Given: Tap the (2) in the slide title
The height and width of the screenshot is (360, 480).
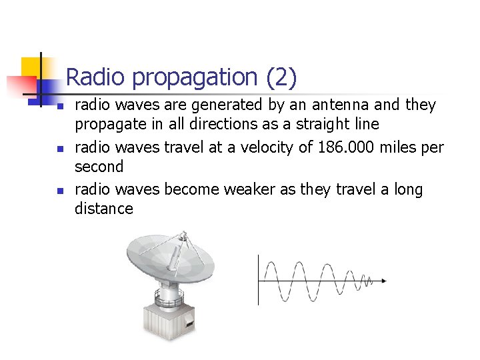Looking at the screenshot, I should (281, 78).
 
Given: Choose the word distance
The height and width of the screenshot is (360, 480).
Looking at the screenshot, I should (103, 209).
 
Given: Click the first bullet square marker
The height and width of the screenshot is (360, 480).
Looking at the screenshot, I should (59, 106).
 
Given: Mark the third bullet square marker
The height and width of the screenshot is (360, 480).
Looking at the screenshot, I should (59, 191).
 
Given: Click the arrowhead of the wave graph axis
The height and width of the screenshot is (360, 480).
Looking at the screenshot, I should (383, 281).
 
